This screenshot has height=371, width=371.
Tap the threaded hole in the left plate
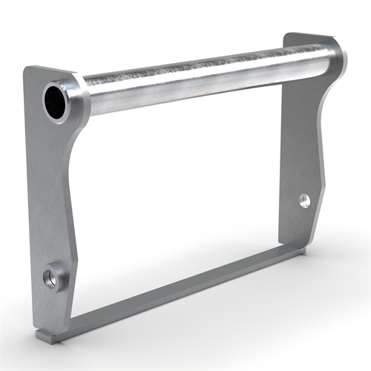[x=53, y=278]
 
